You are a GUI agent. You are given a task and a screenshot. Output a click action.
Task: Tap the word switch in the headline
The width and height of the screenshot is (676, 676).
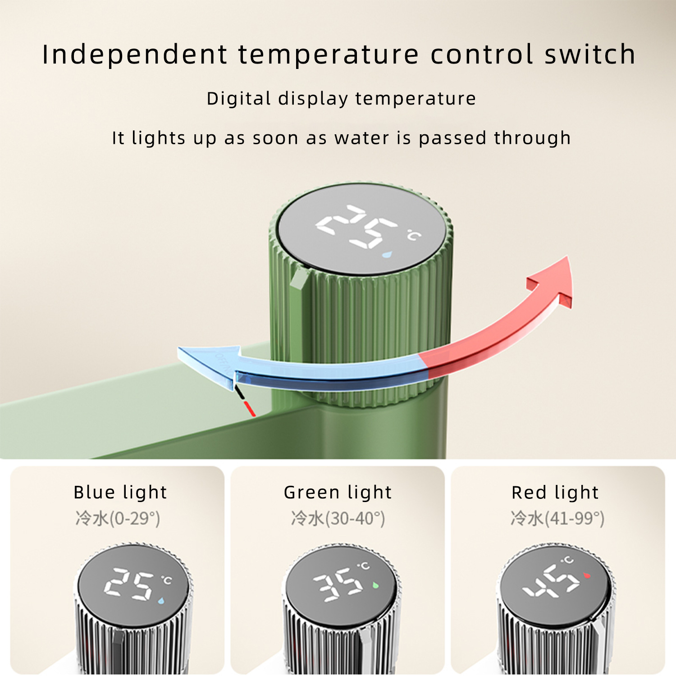point(590,55)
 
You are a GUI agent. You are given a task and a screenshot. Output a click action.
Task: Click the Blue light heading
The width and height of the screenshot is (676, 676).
point(120,493)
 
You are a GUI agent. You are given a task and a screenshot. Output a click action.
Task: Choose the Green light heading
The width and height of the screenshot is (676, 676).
point(338,493)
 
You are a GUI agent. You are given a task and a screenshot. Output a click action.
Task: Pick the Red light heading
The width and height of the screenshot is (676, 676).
point(555,493)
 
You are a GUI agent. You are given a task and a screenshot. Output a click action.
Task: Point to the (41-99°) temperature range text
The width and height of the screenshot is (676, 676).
point(575,519)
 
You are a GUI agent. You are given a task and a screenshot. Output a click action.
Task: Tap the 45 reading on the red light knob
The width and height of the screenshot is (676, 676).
point(551,582)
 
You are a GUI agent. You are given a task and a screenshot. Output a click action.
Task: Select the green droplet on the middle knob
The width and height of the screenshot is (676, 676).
point(375,585)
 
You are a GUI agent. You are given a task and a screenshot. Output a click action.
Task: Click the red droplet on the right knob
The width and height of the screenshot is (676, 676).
point(586,576)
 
